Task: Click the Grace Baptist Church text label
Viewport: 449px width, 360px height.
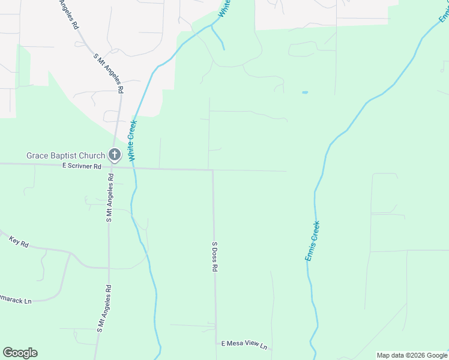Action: click(x=65, y=156)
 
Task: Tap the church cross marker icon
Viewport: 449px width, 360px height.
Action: click(x=115, y=155)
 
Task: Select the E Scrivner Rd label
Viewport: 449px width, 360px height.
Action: click(x=81, y=167)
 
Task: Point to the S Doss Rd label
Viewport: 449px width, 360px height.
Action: click(x=214, y=257)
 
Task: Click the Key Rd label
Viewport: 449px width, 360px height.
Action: click(x=19, y=242)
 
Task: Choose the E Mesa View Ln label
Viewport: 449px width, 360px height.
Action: click(x=243, y=344)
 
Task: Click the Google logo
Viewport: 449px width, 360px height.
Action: click(x=20, y=353)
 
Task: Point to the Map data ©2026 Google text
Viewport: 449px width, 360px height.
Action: click(x=412, y=355)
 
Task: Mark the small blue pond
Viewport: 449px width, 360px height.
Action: click(x=305, y=92)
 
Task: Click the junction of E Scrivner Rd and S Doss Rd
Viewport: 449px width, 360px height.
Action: click(x=212, y=170)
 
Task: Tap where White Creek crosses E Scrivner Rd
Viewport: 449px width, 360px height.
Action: click(x=134, y=169)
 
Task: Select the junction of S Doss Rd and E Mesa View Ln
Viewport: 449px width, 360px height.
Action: click(x=216, y=343)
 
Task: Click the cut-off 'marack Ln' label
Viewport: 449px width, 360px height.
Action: click(x=16, y=301)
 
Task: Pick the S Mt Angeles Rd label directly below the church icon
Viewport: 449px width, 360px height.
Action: click(x=110, y=199)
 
